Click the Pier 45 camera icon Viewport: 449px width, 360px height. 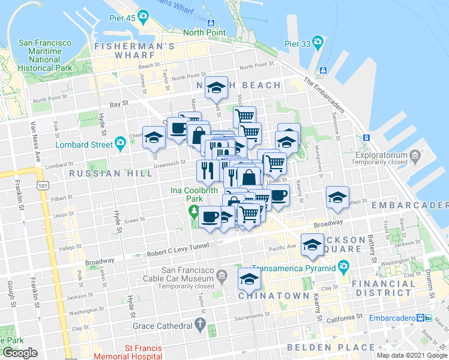coord(143,15)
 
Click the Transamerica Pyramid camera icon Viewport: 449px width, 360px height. coord(343,266)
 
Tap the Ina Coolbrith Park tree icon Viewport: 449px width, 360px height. coord(193,211)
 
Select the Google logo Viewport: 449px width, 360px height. coord(20,353)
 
